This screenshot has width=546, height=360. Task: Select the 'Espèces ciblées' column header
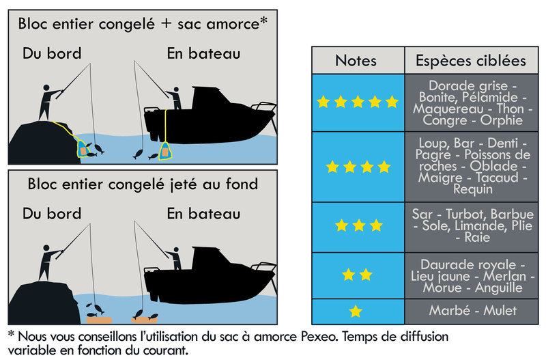pyautogui.click(x=471, y=60)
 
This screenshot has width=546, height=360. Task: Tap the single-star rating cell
pyautogui.click(x=356, y=311)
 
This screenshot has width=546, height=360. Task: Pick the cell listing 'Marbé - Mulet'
pyautogui.click(x=472, y=311)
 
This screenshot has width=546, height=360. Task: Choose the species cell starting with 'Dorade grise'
pyautogui.click(x=472, y=102)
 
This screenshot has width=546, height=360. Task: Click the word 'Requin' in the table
pyautogui.click(x=472, y=190)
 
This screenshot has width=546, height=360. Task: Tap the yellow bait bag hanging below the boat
pyautogui.click(x=165, y=152)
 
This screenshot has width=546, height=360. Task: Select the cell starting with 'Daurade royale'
pyautogui.click(x=472, y=275)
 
